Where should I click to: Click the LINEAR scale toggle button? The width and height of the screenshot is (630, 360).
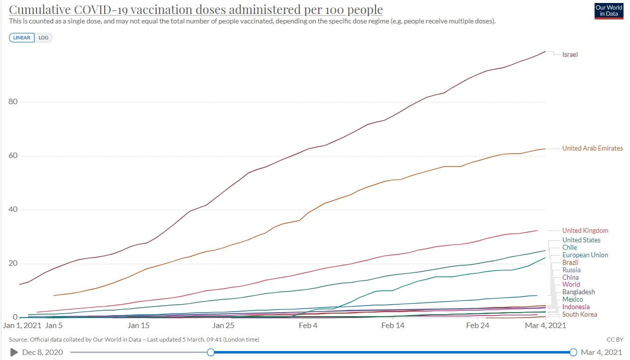(x=21, y=38)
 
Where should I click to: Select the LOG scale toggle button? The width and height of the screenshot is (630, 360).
(x=43, y=38)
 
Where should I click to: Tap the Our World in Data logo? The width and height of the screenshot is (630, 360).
(x=609, y=10)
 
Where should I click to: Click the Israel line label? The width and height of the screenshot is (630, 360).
(x=570, y=55)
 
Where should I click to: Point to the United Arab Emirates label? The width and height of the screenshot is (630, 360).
(x=592, y=148)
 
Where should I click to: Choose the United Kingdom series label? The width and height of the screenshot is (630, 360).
(x=585, y=230)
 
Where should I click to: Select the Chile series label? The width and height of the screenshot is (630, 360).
(x=569, y=247)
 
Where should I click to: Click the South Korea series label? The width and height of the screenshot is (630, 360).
(x=579, y=315)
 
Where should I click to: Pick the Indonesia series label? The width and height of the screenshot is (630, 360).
(x=576, y=307)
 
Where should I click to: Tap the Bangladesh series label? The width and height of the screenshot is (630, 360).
(x=579, y=292)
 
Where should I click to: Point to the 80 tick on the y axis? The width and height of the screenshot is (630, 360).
(x=13, y=102)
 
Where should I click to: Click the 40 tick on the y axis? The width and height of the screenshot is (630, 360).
(x=13, y=209)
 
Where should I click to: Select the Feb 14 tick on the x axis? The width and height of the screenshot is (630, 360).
(x=393, y=326)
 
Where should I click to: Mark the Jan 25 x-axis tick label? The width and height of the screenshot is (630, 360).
(x=223, y=326)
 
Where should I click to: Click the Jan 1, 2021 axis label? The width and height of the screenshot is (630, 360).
(x=21, y=326)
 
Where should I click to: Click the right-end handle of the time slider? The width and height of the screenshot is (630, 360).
(x=573, y=353)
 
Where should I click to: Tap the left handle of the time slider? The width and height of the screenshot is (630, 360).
(x=210, y=353)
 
